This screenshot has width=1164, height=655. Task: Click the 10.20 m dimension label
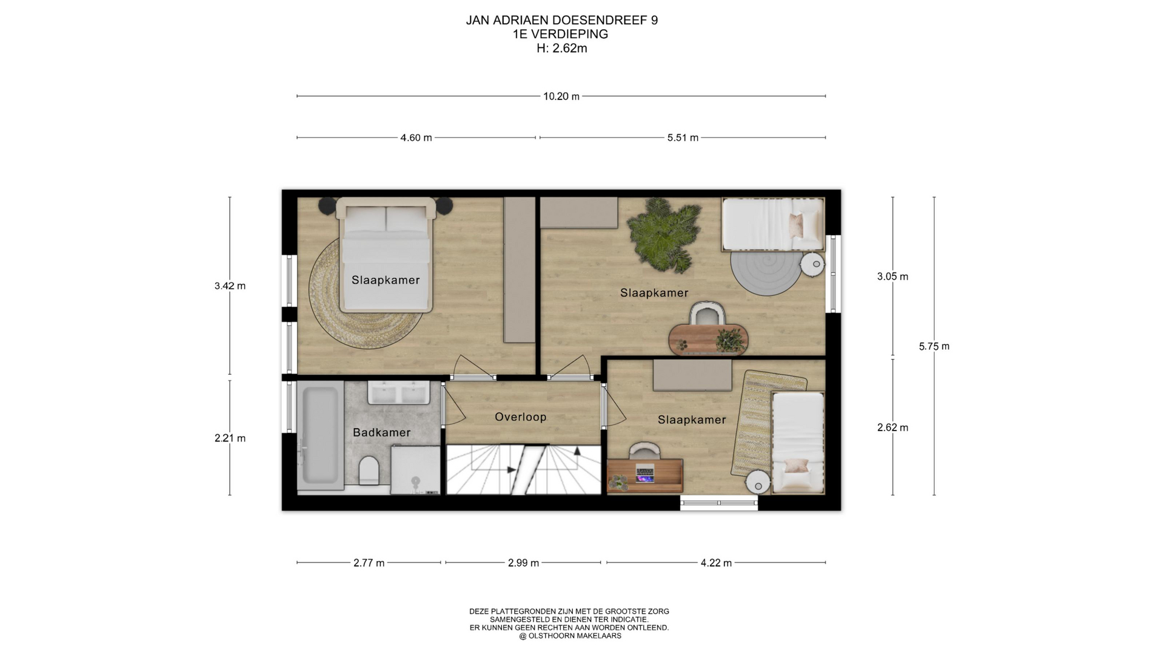[x=561, y=96]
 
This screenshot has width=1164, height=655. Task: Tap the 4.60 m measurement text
[x=416, y=138]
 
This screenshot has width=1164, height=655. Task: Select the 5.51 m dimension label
[x=683, y=138]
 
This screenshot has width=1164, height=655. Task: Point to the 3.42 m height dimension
[x=230, y=286]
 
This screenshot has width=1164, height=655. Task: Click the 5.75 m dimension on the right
[x=934, y=346]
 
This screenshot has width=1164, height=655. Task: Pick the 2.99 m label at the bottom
[x=523, y=563]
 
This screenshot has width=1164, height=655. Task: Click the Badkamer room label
[x=382, y=432]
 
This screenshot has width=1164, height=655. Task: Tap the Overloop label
[x=521, y=417]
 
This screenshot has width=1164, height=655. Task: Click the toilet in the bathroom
[x=369, y=471]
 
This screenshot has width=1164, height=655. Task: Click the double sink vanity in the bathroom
[x=400, y=392]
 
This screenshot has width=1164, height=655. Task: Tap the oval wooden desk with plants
[x=708, y=338]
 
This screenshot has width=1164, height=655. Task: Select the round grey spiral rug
[x=766, y=273]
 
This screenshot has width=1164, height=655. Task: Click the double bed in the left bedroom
[x=386, y=255]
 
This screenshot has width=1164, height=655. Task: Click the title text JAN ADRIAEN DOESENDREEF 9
[x=561, y=20]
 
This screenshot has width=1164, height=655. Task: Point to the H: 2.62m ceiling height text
[x=561, y=49]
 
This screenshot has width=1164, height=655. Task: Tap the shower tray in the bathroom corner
[x=415, y=469]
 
